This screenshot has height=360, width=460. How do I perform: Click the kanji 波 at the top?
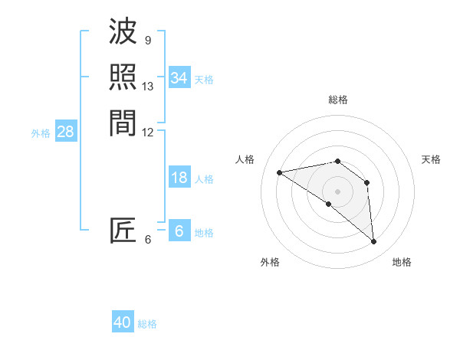[x=123, y=32]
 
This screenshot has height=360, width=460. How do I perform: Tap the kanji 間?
[x=123, y=122]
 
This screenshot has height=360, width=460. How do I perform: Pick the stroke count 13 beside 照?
[x=148, y=87]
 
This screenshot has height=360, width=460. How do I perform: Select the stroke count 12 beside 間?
[x=148, y=132]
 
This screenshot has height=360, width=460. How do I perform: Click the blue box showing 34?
[x=179, y=78]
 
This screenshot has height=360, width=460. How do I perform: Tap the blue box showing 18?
[x=179, y=178]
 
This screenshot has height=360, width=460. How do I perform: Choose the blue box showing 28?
[x=66, y=132]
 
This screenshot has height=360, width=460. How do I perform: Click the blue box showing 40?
[x=123, y=322]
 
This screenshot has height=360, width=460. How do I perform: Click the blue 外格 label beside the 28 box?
[x=41, y=133]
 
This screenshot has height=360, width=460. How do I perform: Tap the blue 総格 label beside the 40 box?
[x=147, y=323]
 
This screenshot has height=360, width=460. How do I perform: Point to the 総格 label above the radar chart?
[x=338, y=100]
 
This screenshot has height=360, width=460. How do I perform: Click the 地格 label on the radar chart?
[x=402, y=262]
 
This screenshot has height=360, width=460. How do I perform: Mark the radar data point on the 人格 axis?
[x=280, y=172]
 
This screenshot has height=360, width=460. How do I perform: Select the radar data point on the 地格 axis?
[x=374, y=242]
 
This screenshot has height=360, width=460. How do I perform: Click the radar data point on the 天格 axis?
[x=367, y=182]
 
